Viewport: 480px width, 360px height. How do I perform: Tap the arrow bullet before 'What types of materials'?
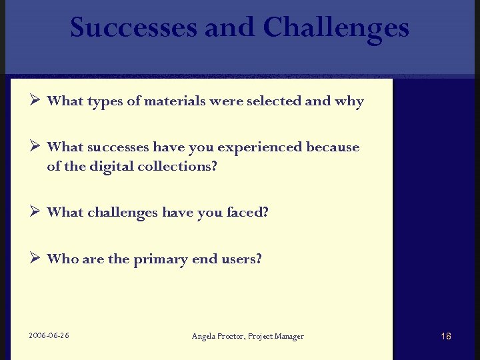36,101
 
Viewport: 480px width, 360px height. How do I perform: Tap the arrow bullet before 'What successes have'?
36,146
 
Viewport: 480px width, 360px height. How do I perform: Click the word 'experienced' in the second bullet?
265,147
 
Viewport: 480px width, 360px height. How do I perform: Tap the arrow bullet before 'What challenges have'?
36,211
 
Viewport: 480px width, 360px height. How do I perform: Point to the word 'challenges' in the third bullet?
121,213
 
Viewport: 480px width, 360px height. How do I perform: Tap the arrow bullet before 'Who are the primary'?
36,258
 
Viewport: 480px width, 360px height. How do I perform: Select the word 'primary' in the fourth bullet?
160,259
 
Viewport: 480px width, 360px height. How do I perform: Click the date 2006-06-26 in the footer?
49,335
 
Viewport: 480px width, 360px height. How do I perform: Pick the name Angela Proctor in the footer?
218,336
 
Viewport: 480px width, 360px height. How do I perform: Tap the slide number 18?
446,336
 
